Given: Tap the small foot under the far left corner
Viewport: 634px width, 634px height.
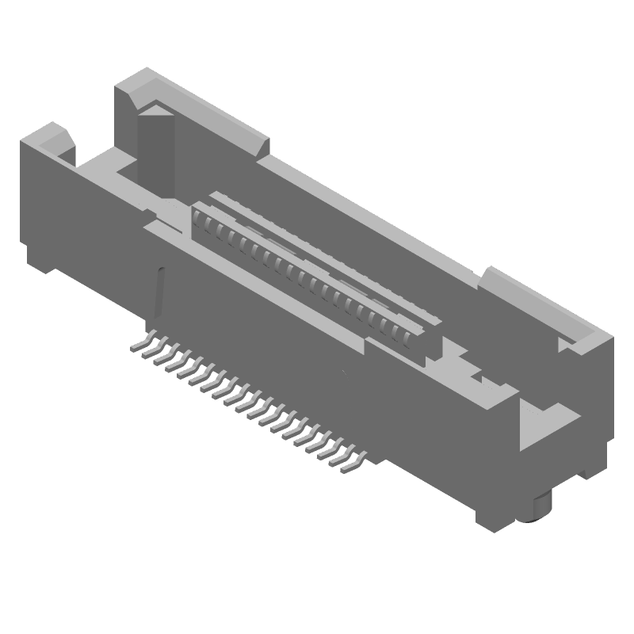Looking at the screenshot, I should pos(40,258).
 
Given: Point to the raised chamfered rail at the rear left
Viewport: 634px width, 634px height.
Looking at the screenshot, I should pos(198,107).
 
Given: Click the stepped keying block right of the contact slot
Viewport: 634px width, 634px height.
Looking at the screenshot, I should pos(468,369).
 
